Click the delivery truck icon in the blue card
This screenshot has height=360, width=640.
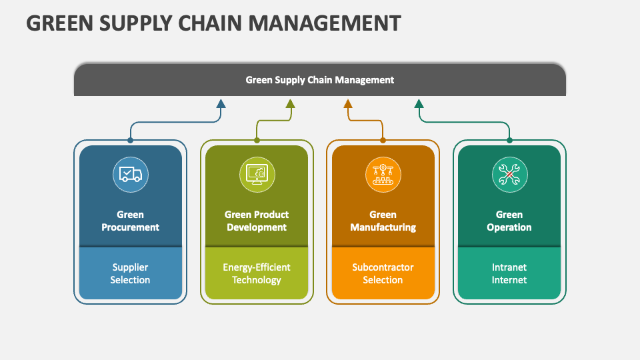130,175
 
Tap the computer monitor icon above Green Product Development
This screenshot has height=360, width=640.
257,175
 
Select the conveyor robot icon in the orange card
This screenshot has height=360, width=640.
383,175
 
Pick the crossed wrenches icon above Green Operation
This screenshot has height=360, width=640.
509,175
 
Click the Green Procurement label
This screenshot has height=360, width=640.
130,221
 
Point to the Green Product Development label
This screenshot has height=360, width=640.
257,221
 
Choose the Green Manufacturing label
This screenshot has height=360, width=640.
383,221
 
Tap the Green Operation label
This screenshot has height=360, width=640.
509,221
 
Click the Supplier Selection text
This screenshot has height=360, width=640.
130,273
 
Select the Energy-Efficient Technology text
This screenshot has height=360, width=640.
257,273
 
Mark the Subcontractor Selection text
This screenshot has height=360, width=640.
383,273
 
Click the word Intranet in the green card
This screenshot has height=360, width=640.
509,267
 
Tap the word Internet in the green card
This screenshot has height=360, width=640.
509,280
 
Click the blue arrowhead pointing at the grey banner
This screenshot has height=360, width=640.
221,103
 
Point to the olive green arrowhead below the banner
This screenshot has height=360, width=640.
290,103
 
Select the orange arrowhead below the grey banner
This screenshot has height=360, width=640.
347,103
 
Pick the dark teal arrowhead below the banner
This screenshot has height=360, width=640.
419,103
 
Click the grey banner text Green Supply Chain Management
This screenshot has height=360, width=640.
320,80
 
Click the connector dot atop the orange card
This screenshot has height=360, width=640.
383,140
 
